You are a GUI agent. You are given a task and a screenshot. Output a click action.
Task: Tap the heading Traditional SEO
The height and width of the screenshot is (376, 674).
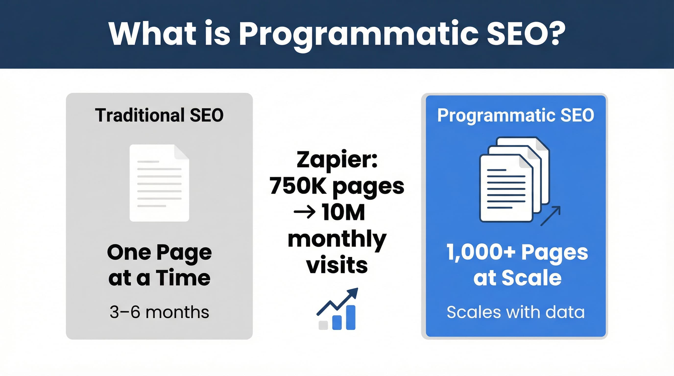[x=159, y=115]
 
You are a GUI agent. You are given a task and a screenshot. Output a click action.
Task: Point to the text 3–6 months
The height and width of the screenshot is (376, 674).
[x=159, y=312]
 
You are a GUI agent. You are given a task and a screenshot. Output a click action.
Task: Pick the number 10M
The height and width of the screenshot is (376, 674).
[x=343, y=212]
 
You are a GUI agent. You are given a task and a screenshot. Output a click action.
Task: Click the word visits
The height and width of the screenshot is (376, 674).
[x=337, y=265]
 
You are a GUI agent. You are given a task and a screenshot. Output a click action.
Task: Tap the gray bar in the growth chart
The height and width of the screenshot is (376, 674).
[x=323, y=325]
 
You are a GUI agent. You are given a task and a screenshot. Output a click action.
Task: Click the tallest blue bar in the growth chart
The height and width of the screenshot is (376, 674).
[x=351, y=317]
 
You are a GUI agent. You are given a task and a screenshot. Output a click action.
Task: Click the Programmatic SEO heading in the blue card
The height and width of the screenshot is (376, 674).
[x=516, y=115]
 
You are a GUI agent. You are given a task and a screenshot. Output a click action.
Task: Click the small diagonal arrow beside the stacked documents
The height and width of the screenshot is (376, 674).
[x=551, y=216]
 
